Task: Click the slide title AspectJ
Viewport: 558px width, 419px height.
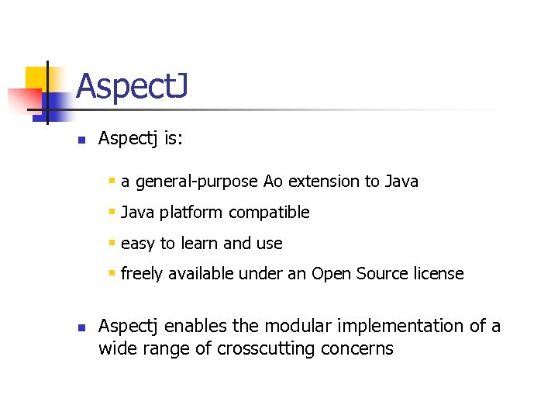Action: [131, 86]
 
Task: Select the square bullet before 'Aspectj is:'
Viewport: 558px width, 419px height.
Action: [80, 140]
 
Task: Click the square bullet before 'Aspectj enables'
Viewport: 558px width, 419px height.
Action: [80, 327]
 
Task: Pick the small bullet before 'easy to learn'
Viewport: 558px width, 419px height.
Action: [112, 243]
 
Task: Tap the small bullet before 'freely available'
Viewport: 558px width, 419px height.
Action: [112, 273]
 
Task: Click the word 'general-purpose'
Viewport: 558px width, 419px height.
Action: [197, 182]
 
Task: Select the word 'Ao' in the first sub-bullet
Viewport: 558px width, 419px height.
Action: [274, 182]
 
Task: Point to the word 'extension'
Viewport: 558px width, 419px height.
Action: [324, 182]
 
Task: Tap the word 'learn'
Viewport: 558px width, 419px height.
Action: [198, 244]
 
